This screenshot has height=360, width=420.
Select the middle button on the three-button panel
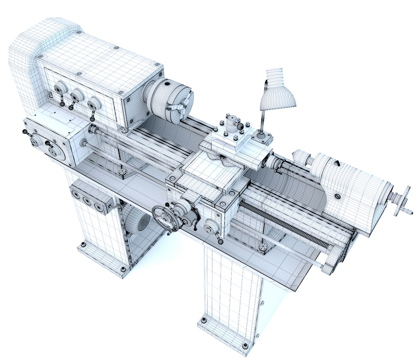click(x=87, y=202)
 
